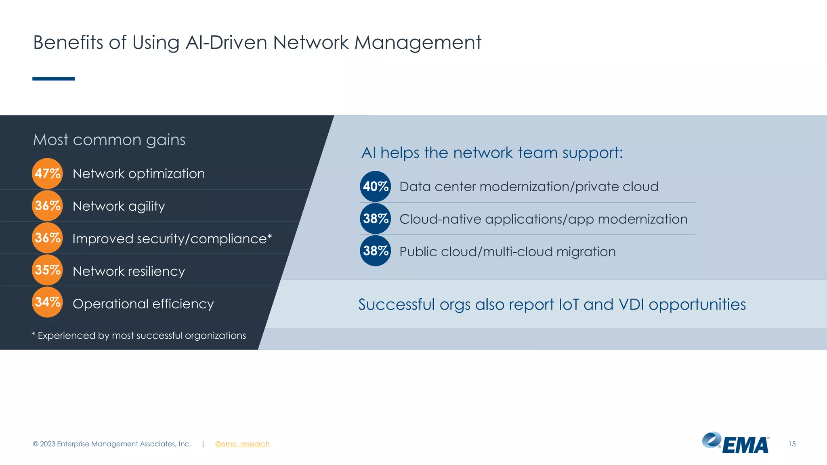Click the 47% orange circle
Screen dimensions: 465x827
[47, 174]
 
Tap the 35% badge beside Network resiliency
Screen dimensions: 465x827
[47, 270]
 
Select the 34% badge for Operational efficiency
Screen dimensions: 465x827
[47, 302]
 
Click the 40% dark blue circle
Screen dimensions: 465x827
[376, 186]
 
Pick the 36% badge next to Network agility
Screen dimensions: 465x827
[47, 206]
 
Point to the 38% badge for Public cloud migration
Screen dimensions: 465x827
[376, 251]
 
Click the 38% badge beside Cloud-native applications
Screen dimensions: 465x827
[376, 219]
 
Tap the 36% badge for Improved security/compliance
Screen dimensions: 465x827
[47, 238]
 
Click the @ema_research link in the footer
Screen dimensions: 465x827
[242, 444]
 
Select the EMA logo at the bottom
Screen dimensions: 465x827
[736, 443]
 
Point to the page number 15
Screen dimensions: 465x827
[792, 444]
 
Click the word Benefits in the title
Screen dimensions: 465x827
[68, 42]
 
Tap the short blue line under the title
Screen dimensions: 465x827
[53, 79]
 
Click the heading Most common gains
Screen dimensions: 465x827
[109, 140]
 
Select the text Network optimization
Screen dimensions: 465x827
[139, 174]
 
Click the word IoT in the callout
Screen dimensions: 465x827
[569, 304]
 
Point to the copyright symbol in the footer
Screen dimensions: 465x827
[36, 444]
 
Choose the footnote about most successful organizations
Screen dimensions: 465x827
[139, 335]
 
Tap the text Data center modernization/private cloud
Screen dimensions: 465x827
[529, 186]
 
